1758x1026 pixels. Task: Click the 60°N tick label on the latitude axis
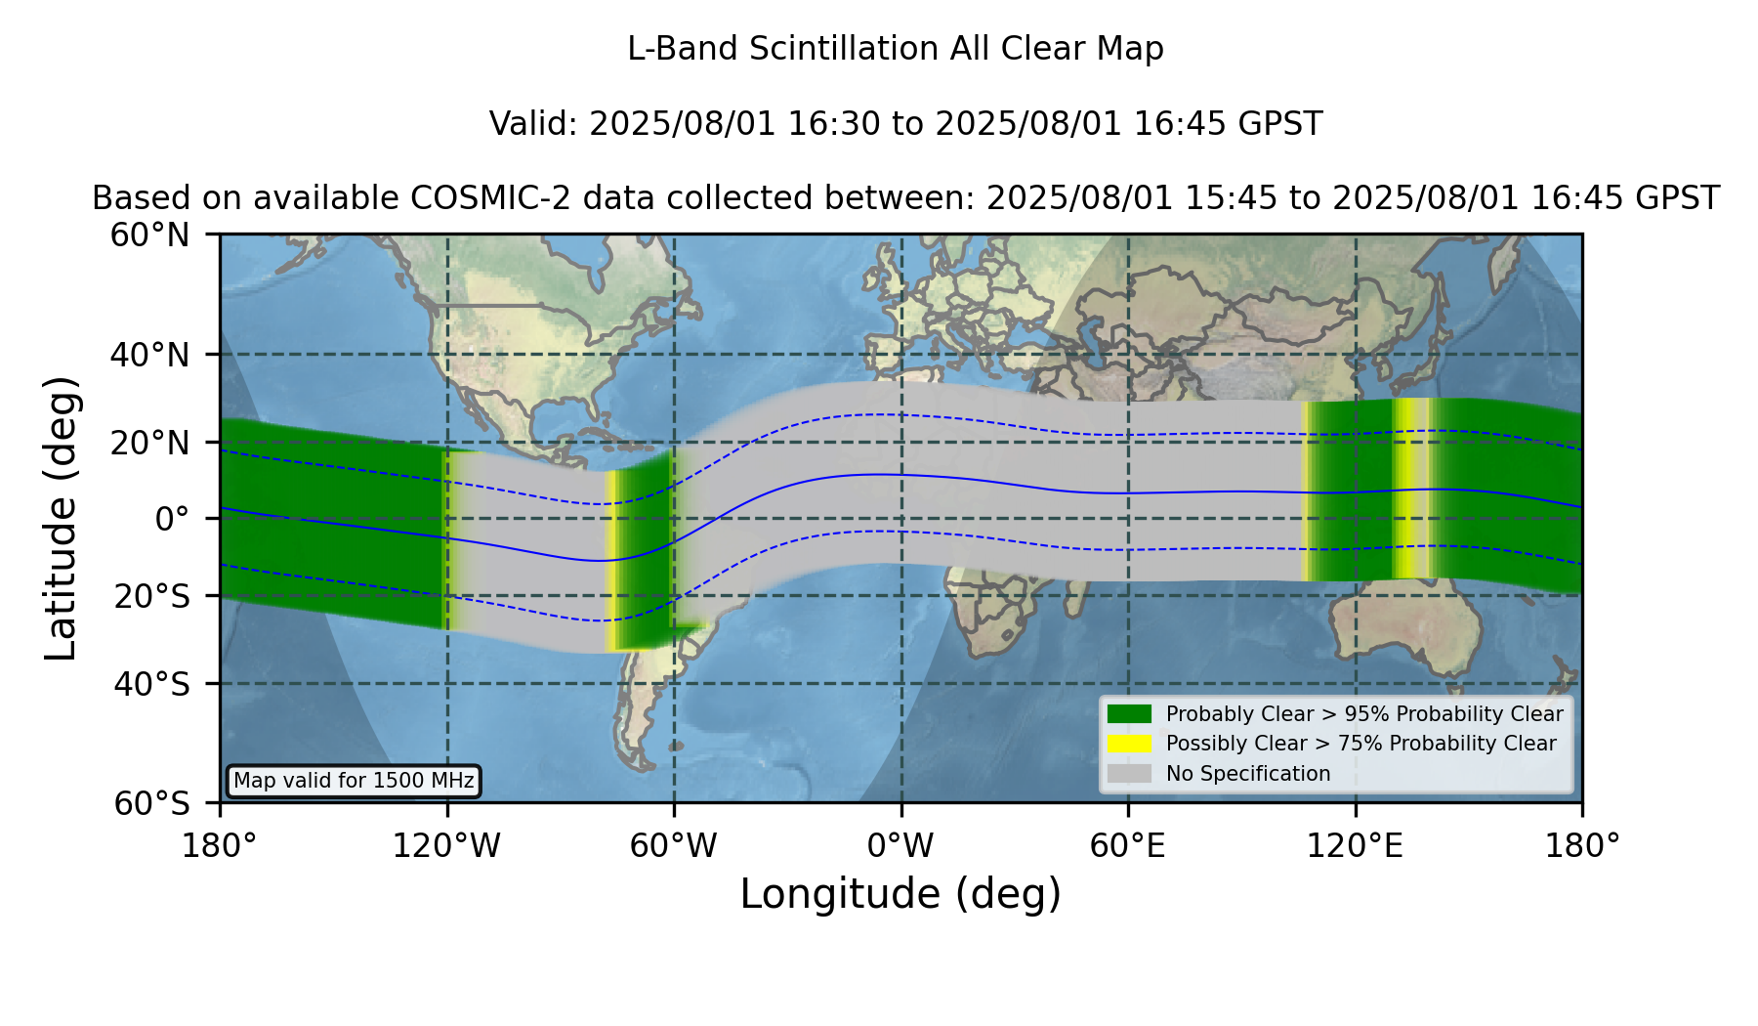click(150, 235)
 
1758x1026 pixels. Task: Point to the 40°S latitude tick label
click(152, 684)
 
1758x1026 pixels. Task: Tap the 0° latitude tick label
click(172, 519)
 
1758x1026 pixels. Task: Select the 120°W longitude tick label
click(446, 846)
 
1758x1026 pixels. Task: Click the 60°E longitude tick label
click(1128, 846)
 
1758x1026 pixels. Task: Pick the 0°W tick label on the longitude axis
click(901, 846)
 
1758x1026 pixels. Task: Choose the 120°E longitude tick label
click(1356, 846)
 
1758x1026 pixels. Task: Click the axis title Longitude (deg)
click(900, 894)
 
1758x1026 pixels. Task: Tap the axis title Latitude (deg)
click(62, 518)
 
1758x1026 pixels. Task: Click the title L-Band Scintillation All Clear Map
click(896, 49)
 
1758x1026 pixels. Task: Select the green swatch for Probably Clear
click(1129, 714)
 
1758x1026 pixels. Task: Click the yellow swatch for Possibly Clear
click(1129, 744)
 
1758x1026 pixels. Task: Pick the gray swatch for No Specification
click(1129, 774)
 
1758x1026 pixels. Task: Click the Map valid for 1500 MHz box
click(354, 781)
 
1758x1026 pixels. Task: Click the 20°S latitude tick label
click(152, 595)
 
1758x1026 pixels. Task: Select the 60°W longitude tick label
click(674, 846)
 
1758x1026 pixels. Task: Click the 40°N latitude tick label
click(150, 355)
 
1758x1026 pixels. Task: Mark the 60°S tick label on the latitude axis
click(152, 803)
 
